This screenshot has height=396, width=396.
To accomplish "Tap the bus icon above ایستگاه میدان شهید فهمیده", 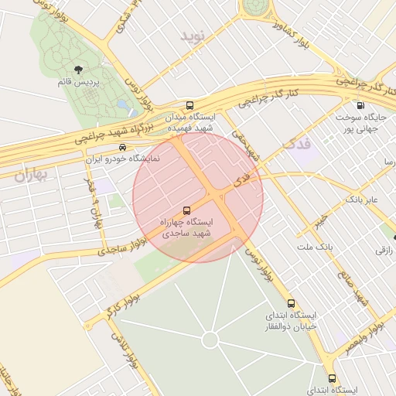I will point(190,105).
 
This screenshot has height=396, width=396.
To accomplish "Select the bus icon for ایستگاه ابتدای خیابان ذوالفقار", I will point(291,303).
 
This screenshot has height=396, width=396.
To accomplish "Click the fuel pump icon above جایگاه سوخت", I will point(360,105).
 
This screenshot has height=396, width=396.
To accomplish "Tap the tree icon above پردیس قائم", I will point(78,70).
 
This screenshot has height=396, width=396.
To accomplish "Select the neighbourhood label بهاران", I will point(31,175).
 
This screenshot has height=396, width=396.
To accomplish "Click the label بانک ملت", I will point(314,246).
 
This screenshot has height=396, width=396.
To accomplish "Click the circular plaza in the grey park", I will point(210,340).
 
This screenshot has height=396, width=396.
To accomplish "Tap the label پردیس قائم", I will point(77,81).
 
